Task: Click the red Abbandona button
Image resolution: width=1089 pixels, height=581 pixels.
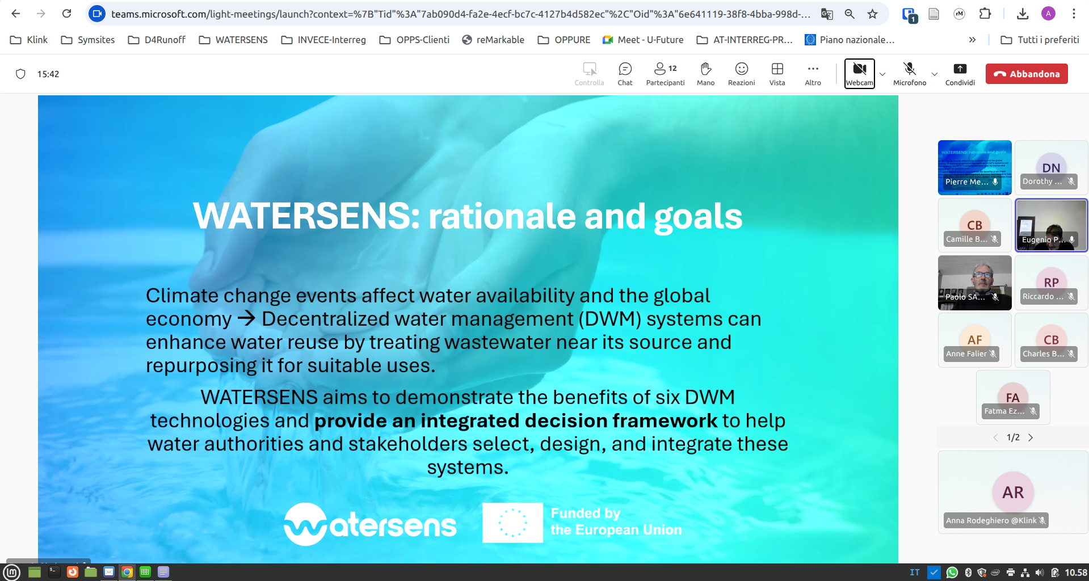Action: pos(1027,74)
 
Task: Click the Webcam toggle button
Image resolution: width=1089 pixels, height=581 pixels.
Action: pos(859,73)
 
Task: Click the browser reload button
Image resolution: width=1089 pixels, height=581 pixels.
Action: pos(67,14)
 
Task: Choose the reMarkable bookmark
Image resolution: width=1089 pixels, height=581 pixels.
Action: pos(493,40)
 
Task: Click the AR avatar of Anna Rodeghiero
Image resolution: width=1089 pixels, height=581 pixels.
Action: pos(1013,492)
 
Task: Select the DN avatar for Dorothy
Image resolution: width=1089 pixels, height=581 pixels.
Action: pos(1051,167)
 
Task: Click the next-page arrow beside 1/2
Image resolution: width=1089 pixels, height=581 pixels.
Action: pos(1031,437)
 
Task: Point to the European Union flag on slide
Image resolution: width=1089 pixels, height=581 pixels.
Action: pos(512,523)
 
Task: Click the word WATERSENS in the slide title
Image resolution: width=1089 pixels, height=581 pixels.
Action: pos(305,216)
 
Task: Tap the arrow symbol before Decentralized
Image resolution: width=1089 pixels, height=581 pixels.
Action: pos(246,318)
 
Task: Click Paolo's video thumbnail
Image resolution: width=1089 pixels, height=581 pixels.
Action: pos(974,282)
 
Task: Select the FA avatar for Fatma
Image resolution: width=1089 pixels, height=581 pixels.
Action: pos(1012,397)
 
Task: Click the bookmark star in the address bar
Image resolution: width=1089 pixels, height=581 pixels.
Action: pos(872,14)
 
